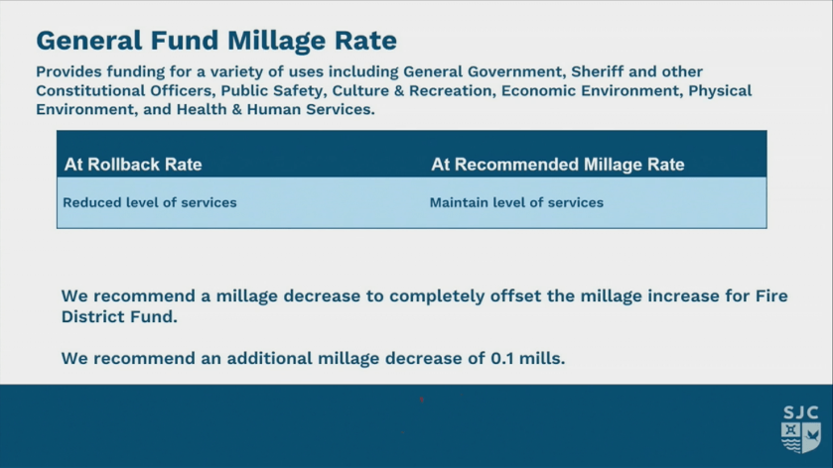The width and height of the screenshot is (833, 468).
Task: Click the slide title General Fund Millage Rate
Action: tap(216, 41)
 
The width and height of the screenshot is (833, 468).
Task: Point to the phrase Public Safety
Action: tap(272, 91)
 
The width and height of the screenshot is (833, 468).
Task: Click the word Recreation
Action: tap(447, 91)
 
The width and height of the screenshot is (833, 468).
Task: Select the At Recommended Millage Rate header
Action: tap(558, 165)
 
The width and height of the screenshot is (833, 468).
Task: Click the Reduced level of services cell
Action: tap(150, 202)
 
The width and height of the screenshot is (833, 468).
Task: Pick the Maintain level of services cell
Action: tap(516, 202)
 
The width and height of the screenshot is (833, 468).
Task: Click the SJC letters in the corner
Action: tap(800, 411)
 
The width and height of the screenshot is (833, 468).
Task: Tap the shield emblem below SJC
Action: tap(800, 437)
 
